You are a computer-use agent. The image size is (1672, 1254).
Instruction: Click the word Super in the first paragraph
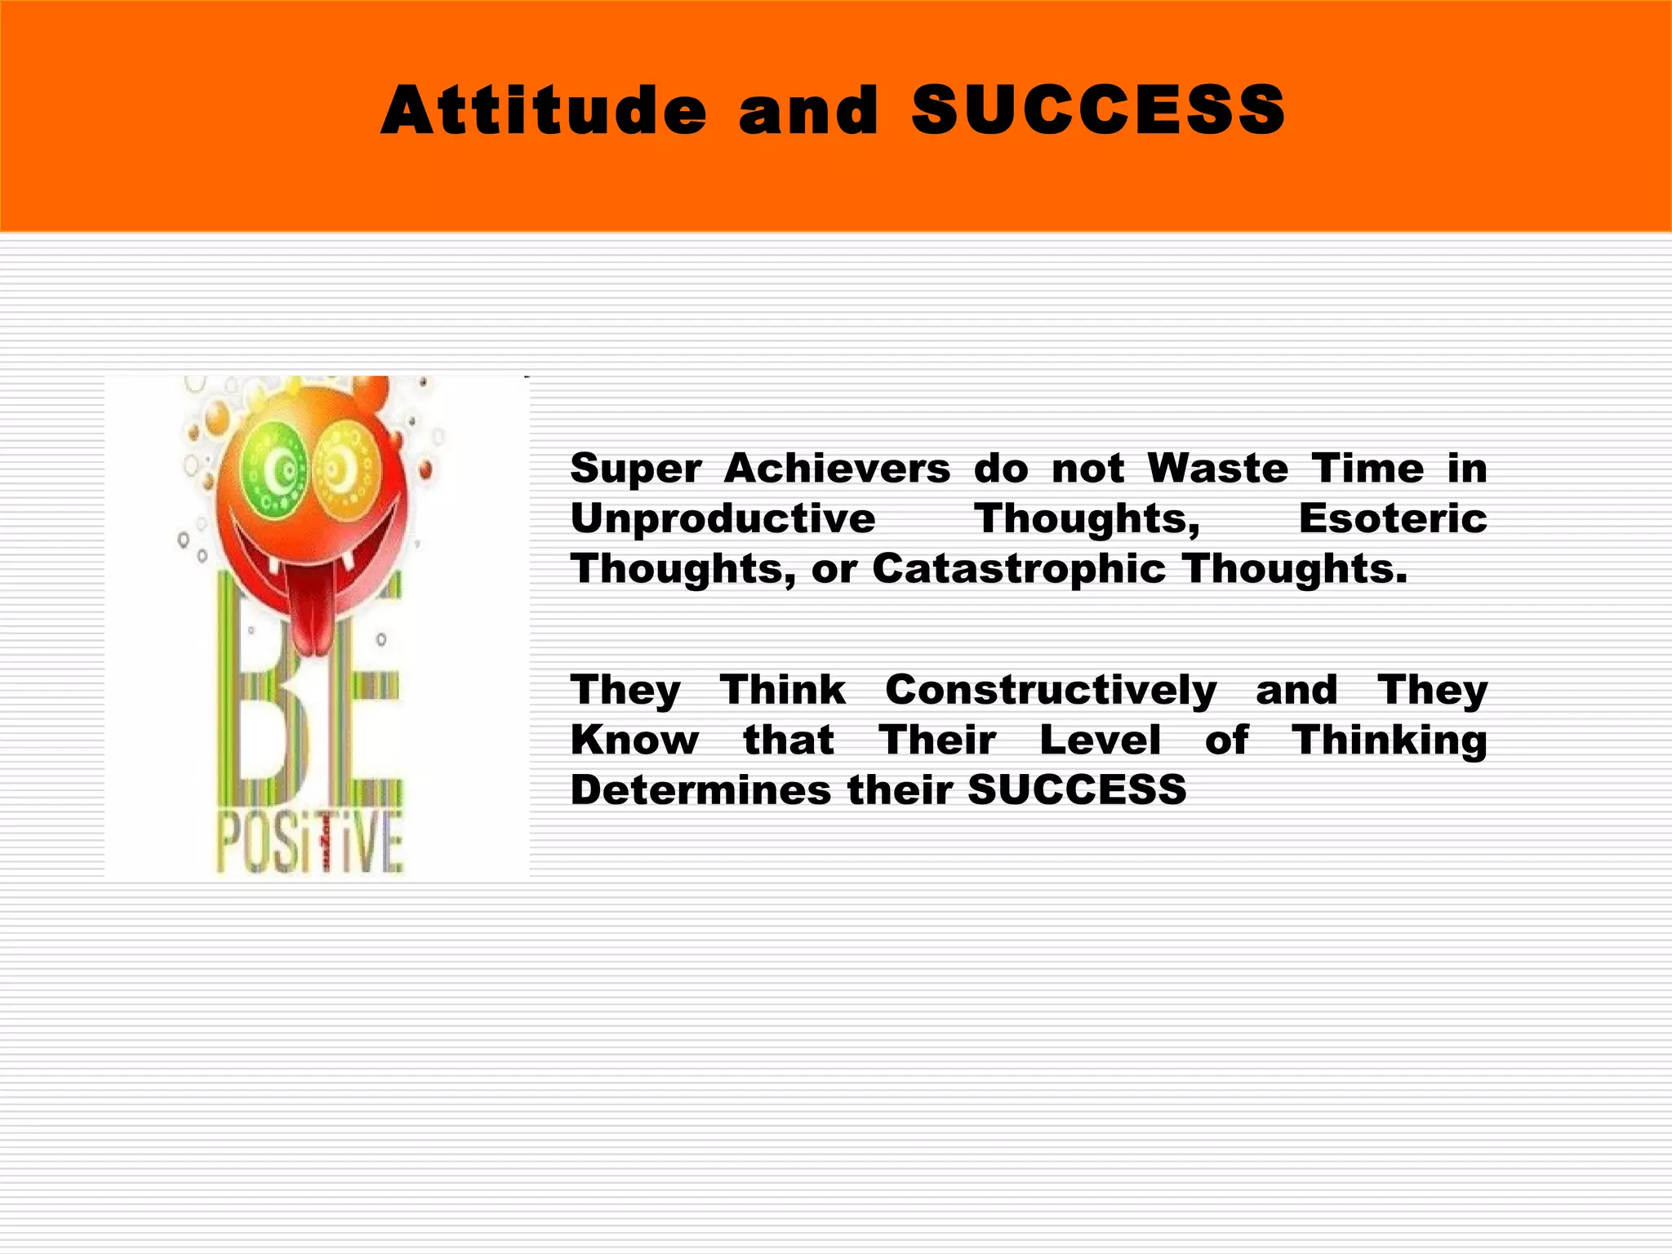point(636,469)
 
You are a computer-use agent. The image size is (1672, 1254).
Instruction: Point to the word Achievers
point(837,469)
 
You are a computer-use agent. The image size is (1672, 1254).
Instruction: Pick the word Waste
point(1217,469)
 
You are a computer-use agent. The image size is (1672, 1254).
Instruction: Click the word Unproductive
point(723,519)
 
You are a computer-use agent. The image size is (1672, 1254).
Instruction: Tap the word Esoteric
point(1393,519)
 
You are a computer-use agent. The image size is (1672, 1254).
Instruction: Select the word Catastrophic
point(1018,569)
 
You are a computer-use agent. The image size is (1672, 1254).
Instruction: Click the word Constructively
point(1051,691)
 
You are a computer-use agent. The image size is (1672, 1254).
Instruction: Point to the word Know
point(634,740)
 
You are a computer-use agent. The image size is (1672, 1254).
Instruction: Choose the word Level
point(1101,740)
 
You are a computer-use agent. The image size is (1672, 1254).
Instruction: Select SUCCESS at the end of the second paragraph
point(1077,790)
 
